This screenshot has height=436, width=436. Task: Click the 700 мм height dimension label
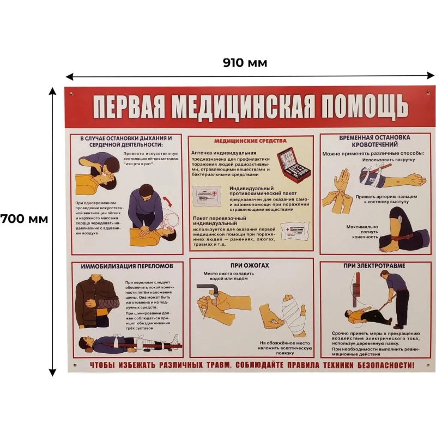24,219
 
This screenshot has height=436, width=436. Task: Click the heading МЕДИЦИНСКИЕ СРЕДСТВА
251,141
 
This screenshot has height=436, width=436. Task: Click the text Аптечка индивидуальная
223,153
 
